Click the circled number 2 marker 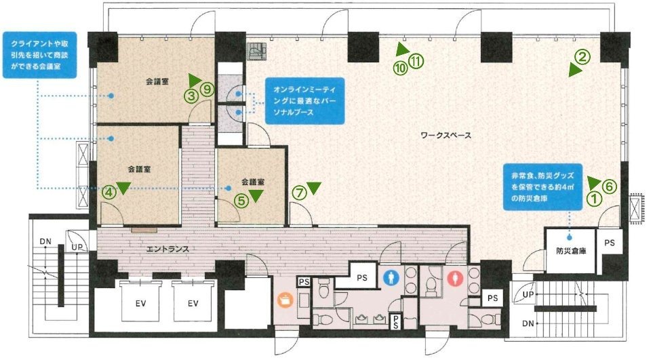coord(582,57)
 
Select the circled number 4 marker coord(108,192)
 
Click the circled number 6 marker coord(609,187)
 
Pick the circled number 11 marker coord(416,61)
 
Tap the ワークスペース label coord(446,136)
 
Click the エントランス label coord(167,249)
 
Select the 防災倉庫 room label coord(571,251)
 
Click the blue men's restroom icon coord(391,278)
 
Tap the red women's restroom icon coord(454,277)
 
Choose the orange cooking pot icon coord(285,300)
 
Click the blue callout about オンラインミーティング coord(305,101)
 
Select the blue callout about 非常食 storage coord(542,187)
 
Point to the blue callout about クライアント coord(40,55)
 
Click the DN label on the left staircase coord(45,241)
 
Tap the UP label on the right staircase coord(528,295)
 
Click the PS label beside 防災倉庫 coord(610,243)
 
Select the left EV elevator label coord(141,304)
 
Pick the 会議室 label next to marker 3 coord(157,82)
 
